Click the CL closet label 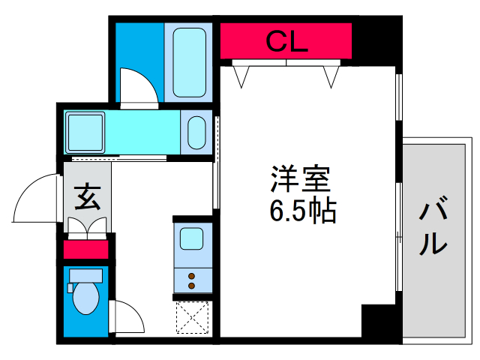[x=286, y=41]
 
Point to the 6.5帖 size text [x=302, y=212]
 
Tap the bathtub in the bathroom [x=189, y=62]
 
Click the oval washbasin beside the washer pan [x=196, y=132]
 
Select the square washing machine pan [x=86, y=132]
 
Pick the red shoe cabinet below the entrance [x=85, y=249]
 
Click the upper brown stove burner [x=192, y=275]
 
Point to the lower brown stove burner [x=192, y=286]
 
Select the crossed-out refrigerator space [x=193, y=316]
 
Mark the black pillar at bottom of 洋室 [x=379, y=321]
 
